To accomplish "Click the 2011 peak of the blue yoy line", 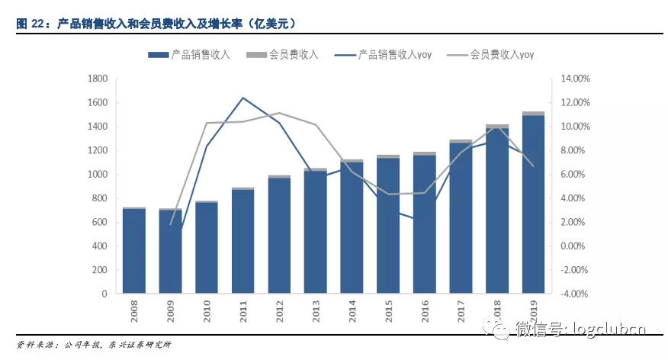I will point(242,98).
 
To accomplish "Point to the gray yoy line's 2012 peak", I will point(279,113).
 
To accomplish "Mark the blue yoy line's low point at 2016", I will point(424,220).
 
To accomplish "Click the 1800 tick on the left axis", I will point(98,79).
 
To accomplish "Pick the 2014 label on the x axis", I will point(352,311).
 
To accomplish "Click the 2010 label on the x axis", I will point(207,311).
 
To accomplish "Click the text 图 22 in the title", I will point(32,24).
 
